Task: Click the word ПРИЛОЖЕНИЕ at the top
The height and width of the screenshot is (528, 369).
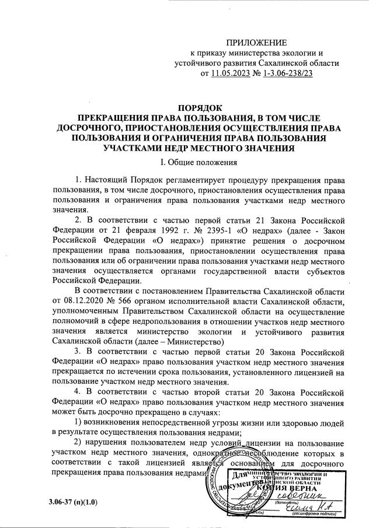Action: (257, 43)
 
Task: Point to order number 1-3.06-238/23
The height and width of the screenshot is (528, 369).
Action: (284, 74)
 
